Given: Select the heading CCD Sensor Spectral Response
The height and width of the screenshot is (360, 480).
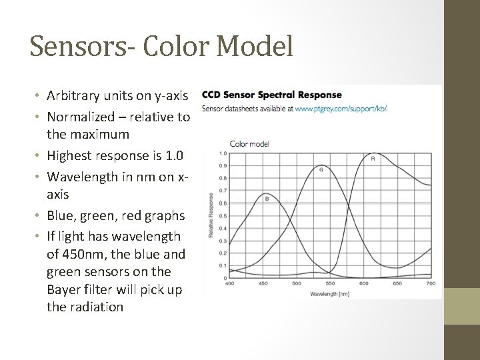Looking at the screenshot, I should [x=271, y=95].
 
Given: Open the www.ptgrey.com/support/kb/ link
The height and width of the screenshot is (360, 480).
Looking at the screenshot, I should [x=341, y=108].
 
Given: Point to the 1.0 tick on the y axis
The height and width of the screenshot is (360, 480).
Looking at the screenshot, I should [x=222, y=153].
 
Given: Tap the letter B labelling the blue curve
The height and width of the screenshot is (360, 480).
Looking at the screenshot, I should [x=267, y=198].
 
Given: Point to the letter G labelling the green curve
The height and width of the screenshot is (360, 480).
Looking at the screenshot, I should [x=321, y=169].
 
